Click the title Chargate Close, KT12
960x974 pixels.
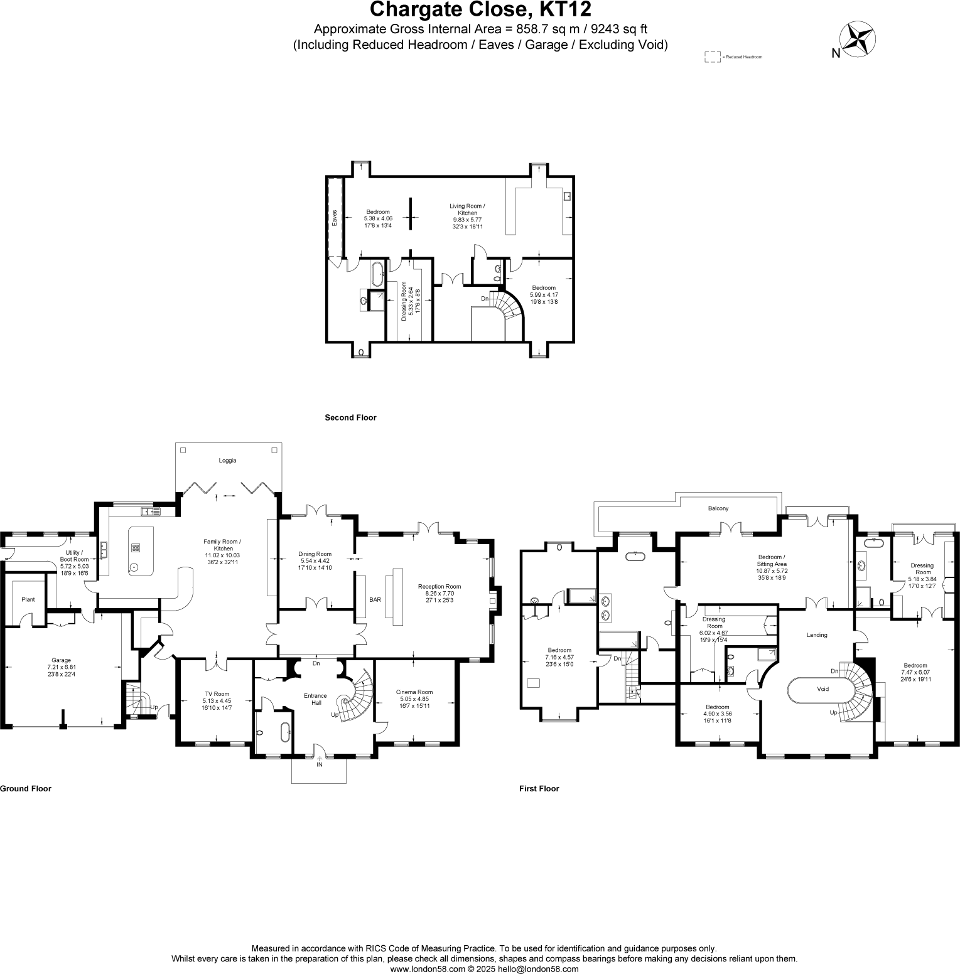tap(480, 11)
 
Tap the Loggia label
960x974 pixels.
tap(227, 461)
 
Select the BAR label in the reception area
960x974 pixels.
tap(375, 600)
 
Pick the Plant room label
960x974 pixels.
tap(28, 600)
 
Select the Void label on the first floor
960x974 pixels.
tap(822, 689)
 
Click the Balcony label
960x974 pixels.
tap(718, 508)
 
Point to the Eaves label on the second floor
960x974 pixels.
tap(335, 217)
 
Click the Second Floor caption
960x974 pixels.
tap(350, 417)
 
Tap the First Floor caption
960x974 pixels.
tap(539, 789)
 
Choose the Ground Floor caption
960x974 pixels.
tap(26, 789)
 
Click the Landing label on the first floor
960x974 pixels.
tap(817, 635)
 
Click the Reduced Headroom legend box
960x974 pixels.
tap(712, 57)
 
